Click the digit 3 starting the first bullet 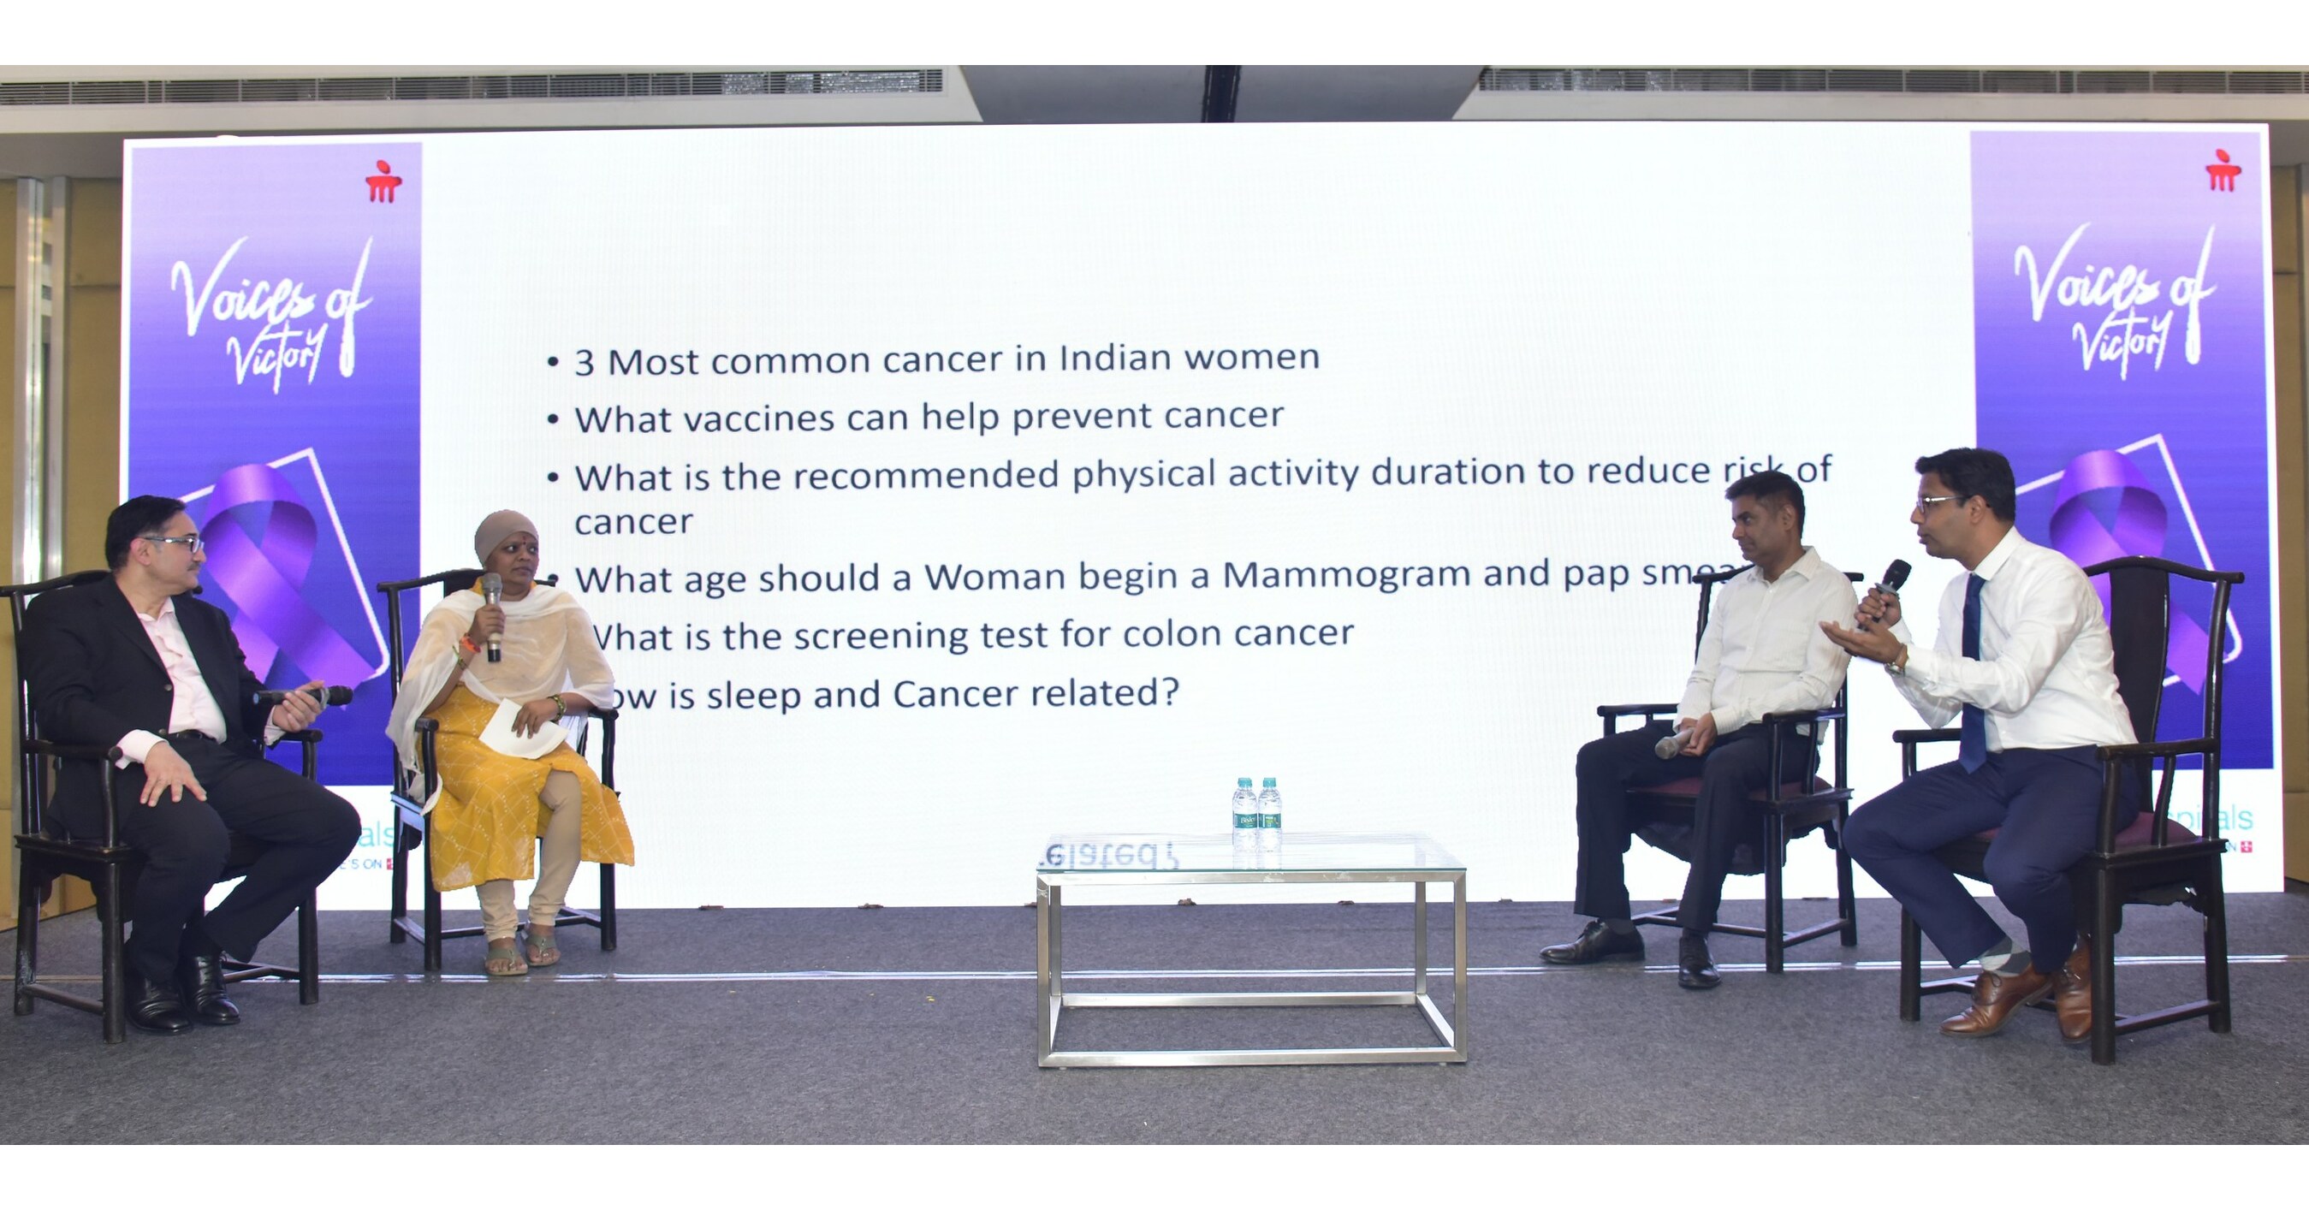click(585, 363)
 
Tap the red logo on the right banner click(2223, 171)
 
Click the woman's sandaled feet click(523, 951)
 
